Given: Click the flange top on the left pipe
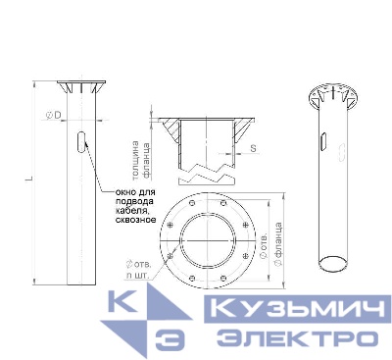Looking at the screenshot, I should [77, 82].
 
